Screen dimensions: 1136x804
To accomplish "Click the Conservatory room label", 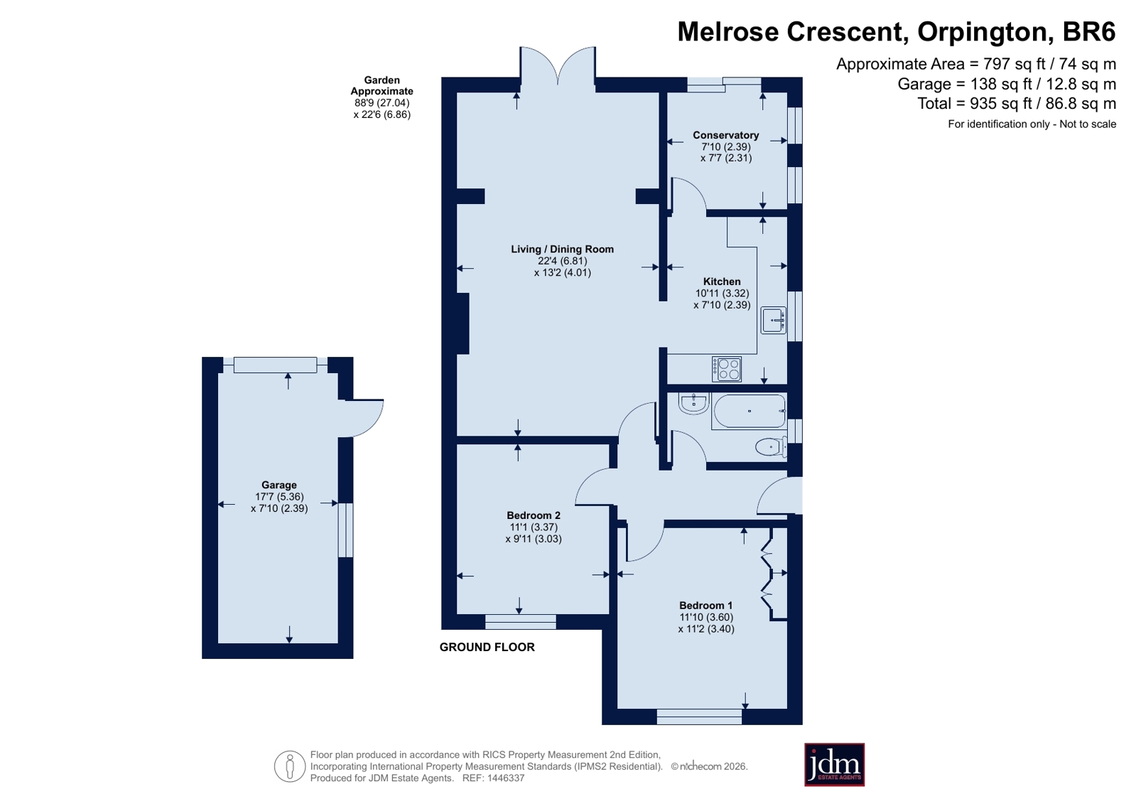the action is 726,135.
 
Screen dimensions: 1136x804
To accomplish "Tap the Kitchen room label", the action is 722,282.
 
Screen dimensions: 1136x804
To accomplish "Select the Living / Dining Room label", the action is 562,250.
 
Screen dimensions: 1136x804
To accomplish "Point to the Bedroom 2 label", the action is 534,515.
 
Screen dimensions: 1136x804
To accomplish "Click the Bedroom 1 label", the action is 706,606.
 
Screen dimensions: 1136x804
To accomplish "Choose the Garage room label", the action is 279,485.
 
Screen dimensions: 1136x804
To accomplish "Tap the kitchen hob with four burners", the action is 727,369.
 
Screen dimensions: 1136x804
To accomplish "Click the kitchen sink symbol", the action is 774,321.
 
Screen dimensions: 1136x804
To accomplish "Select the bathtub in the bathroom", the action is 749,411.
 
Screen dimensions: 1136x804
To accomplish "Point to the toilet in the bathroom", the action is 771,447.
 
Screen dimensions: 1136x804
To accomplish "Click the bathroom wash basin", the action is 694,404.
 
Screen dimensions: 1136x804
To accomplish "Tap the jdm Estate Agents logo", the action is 834,765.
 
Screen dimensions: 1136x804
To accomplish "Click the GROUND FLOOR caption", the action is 487,647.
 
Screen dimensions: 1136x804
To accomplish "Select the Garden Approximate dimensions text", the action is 382,97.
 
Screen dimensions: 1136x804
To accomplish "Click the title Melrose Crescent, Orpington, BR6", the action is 897,31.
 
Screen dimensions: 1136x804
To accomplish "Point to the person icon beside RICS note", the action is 290,766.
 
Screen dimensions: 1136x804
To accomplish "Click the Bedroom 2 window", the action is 520,622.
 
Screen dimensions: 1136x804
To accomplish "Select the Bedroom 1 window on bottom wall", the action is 699,717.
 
